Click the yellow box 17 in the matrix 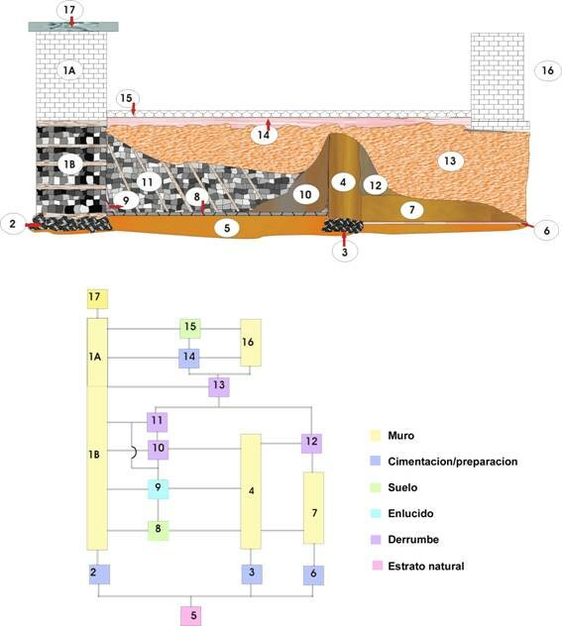pos(97,298)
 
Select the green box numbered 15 pos(190,329)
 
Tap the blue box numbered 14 pos(189,359)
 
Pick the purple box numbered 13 pos(219,387)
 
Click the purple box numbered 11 pos(157,422)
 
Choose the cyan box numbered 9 pos(159,488)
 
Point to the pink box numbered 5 pos(190,616)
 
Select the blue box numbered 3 pos(252,574)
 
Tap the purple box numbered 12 pos(311,443)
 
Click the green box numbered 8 pos(159,531)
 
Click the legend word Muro pos(401,436)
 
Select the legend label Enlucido pos(410,513)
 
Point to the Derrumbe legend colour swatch pos(376,540)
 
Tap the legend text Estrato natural pos(426,567)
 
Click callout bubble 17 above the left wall pos(69,10)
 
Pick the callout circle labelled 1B pos(70,164)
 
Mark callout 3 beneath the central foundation pos(344,252)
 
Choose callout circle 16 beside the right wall pos(547,70)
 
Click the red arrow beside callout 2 pos(33,226)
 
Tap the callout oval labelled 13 pos(450,160)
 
